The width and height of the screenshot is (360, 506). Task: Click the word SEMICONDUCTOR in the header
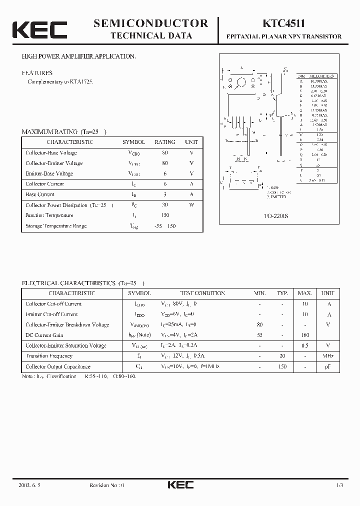(150, 23)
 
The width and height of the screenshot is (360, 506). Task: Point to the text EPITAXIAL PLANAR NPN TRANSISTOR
(284, 36)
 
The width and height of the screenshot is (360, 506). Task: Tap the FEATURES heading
(37, 73)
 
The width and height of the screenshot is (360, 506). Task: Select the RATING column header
(165, 142)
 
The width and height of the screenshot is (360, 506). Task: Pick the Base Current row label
(40, 194)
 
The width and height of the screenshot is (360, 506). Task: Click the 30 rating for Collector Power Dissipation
(165, 205)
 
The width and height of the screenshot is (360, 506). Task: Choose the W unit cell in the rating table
(191, 205)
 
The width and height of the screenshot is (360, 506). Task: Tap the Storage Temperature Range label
(56, 226)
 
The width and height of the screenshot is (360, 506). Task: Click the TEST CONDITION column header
(202, 293)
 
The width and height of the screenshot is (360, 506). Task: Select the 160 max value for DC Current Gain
(305, 335)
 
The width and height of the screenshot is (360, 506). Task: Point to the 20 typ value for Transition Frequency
(282, 356)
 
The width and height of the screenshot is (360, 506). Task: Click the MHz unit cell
(328, 356)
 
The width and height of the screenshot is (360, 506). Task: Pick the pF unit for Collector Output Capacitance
(328, 366)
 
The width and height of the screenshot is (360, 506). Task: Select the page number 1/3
(339, 485)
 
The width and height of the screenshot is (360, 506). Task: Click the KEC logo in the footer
(180, 485)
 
